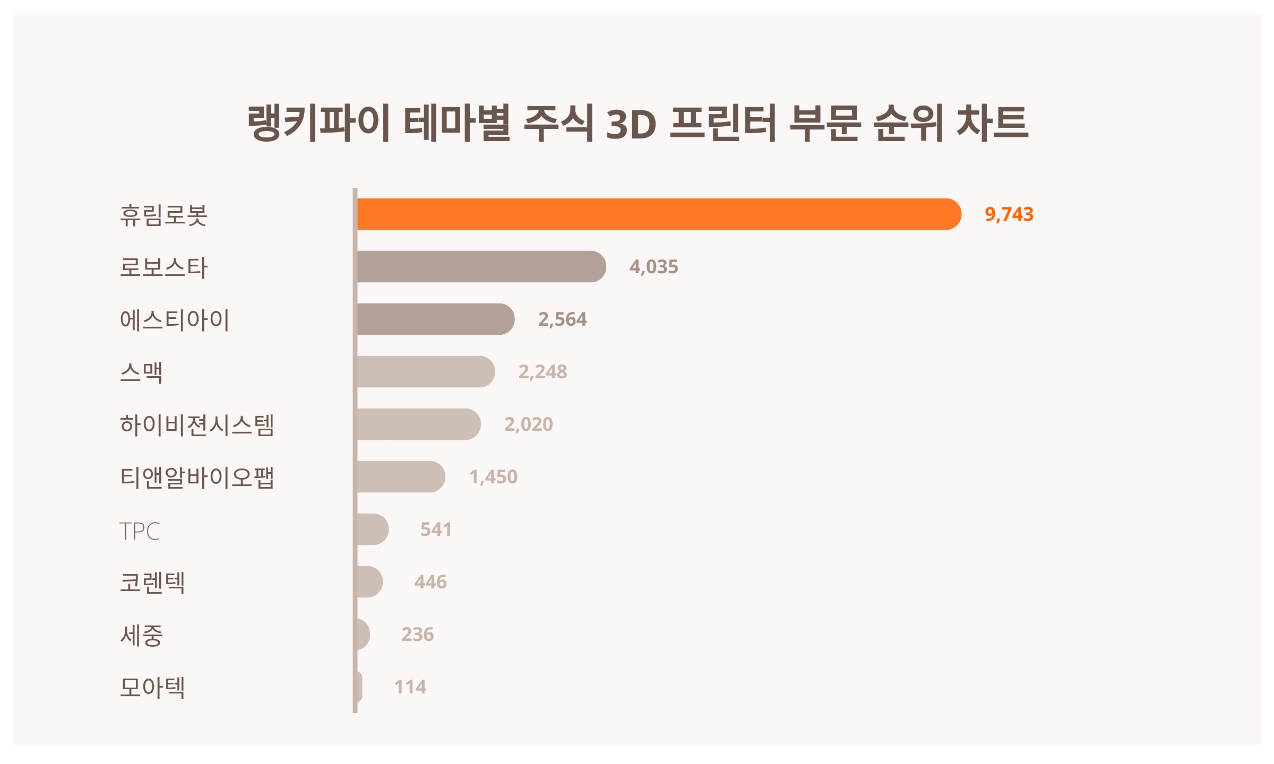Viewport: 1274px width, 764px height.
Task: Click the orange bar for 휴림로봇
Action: [658, 214]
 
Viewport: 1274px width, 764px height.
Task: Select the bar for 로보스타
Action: [481, 267]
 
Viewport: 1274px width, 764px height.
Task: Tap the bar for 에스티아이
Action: [435, 319]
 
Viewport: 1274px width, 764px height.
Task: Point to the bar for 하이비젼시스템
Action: [418, 424]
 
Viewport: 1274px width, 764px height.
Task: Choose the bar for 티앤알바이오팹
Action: [401, 477]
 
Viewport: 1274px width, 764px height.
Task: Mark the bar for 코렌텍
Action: [369, 582]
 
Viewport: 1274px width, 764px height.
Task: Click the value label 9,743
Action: [1009, 214]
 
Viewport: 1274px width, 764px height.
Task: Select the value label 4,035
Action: [653, 267]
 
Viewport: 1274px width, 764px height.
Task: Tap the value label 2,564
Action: [562, 319]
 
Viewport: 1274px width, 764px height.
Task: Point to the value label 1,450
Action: [493, 477]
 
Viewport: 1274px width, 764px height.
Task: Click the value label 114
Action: [410, 687]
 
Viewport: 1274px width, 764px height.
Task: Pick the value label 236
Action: [417, 635]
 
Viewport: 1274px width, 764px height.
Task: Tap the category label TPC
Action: [140, 531]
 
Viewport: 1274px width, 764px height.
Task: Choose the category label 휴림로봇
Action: [163, 215]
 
